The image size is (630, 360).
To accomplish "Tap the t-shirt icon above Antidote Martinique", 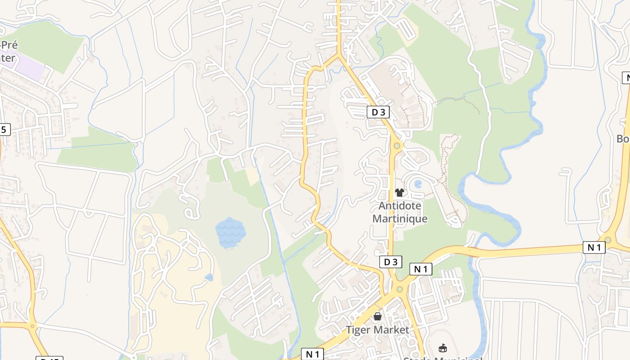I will (399, 193).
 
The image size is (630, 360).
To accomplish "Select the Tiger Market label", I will (378, 330).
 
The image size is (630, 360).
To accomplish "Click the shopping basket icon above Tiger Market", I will (378, 317).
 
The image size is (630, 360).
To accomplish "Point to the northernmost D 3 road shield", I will (378, 112).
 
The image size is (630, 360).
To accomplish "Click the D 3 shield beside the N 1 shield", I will (390, 262).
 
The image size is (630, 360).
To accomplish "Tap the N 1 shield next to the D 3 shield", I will (421, 269).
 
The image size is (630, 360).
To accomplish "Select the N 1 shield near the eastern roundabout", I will (594, 247).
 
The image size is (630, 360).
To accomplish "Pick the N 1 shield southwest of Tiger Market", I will (312, 354).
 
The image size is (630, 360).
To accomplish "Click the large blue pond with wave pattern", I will (231, 232).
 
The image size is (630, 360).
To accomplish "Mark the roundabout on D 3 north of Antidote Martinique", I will (396, 145).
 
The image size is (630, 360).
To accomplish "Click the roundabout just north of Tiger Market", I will (399, 289).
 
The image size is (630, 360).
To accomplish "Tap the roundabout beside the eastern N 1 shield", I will (608, 240).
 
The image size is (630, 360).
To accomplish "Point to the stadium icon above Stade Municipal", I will (443, 348).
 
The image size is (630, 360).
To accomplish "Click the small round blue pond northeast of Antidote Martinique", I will (418, 184).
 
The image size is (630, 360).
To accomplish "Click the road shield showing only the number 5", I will (4, 130).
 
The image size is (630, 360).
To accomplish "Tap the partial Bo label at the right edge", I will (623, 139).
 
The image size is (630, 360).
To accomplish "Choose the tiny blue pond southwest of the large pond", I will (209, 278).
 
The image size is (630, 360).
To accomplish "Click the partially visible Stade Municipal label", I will (443, 358).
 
